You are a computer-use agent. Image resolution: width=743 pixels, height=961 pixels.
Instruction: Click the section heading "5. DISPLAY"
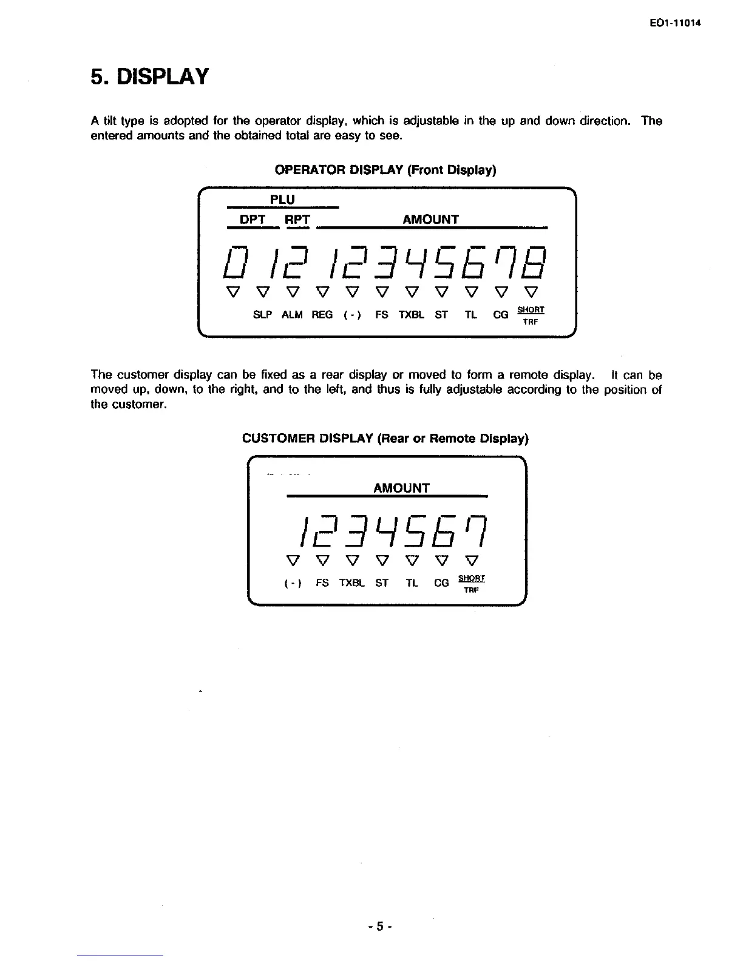pyautogui.click(x=149, y=77)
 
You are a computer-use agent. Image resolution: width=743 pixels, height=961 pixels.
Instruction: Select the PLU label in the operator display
pyautogui.click(x=282, y=200)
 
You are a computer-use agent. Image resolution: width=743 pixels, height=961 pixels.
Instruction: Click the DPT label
pyautogui.click(x=253, y=219)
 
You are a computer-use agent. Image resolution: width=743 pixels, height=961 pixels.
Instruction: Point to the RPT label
pyautogui.click(x=297, y=219)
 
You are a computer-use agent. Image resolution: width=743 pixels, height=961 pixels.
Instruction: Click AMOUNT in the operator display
pyautogui.click(x=430, y=219)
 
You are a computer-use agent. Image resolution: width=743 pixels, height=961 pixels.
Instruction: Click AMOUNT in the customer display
pyautogui.click(x=401, y=488)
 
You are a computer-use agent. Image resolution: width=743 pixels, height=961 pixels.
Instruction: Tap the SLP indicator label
pyautogui.click(x=262, y=315)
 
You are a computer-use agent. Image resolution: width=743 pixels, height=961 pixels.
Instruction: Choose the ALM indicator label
pyautogui.click(x=292, y=315)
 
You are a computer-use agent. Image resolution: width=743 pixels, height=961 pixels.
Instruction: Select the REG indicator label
pyautogui.click(x=322, y=315)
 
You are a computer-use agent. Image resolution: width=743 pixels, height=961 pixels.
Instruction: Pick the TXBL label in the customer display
pyautogui.click(x=351, y=583)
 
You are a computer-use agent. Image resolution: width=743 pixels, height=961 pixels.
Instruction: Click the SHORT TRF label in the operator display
pyautogui.click(x=531, y=315)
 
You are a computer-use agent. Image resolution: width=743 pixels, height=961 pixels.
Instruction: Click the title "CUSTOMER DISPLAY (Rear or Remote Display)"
pyautogui.click(x=385, y=438)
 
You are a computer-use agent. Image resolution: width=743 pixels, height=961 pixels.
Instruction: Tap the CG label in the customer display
pyautogui.click(x=441, y=583)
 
